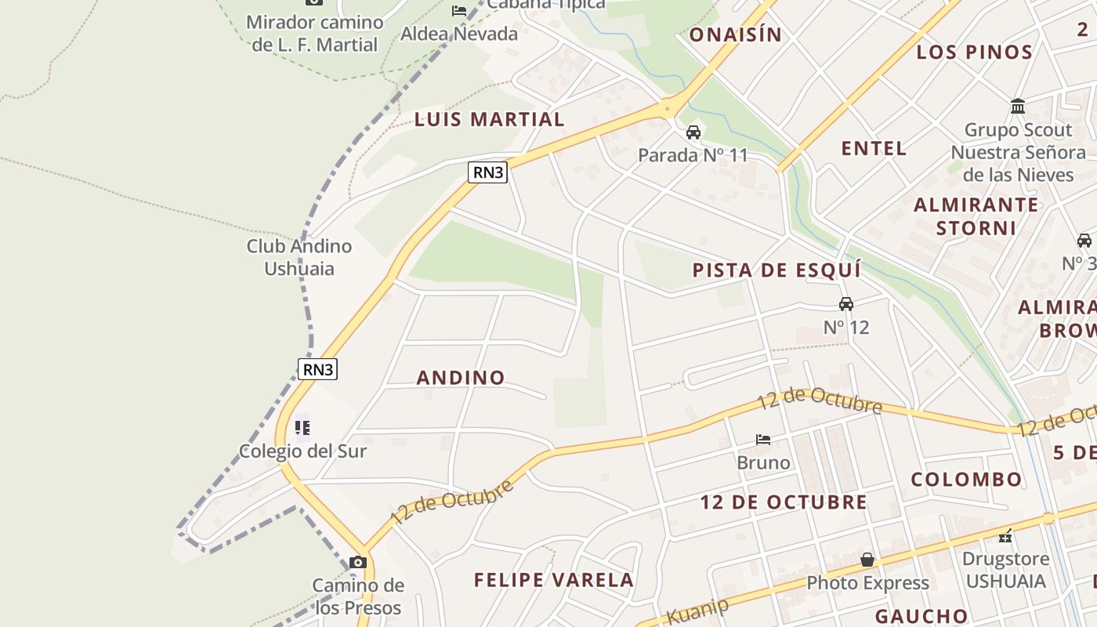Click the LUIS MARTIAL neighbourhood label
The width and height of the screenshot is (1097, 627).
[489, 119]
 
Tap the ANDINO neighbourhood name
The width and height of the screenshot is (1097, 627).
[461, 378]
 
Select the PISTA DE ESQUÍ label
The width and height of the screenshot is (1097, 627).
[777, 270]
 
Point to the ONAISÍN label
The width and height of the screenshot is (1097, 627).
[735, 34]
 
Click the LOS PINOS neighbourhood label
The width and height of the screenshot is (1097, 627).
[975, 53]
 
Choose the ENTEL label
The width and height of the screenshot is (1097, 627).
[874, 148]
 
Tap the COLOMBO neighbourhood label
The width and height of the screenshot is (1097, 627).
[966, 480]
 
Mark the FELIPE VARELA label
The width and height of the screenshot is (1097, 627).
[554, 580]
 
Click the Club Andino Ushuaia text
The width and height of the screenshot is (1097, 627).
[299, 257]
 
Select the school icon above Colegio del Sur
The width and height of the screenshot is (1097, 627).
[302, 428]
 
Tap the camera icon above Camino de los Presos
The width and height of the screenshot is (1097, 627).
[358, 562]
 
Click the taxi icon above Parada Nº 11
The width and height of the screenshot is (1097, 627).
[693, 132]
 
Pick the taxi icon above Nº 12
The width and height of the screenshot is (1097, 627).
[846, 304]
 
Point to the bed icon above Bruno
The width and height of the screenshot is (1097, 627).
[763, 440]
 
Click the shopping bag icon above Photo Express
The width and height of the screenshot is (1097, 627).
[867, 560]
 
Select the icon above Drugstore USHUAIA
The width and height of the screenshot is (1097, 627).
[1006, 536]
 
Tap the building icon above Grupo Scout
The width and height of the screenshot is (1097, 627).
[1018, 106]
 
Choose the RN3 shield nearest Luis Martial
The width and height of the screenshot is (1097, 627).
[487, 172]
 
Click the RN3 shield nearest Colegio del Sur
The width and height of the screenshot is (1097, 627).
[317, 369]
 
